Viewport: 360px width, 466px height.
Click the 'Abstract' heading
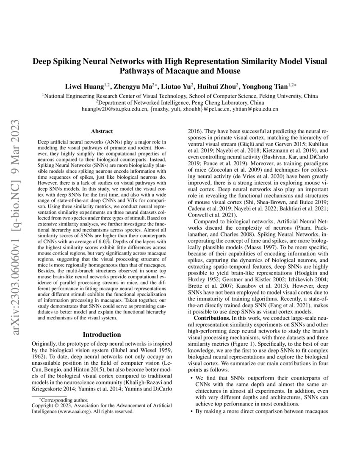click(101, 132)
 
